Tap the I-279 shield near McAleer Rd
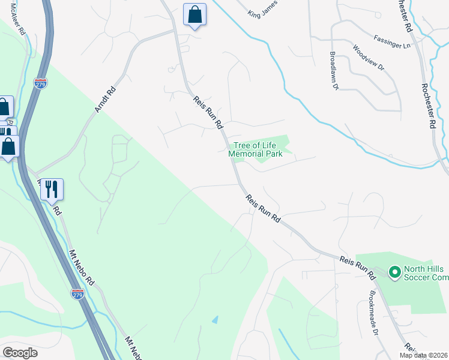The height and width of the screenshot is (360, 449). [x=40, y=83]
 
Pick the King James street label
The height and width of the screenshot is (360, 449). [x=265, y=10]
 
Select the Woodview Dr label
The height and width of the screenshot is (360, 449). [x=367, y=59]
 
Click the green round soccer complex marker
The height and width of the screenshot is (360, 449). [x=394, y=273]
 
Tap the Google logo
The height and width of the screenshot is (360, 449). [x=20, y=353]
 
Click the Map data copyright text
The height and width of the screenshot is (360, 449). [x=424, y=355]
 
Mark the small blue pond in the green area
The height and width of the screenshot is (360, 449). [x=215, y=320]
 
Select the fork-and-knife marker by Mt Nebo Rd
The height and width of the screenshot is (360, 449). [x=52, y=190]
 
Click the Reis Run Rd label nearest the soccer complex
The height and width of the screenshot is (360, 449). [x=357, y=268]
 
